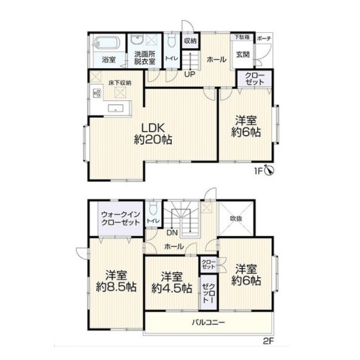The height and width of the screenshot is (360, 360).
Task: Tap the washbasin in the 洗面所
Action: point(137,39)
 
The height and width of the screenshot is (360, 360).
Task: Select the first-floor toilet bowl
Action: point(172,41)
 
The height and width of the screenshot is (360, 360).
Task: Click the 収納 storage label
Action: point(190,41)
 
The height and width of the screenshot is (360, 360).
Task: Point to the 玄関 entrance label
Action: point(243,55)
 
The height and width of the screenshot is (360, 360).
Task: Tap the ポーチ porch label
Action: point(264,39)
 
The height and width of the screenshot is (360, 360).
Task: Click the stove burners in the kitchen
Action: point(96,93)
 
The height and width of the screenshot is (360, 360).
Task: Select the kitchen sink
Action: point(116,108)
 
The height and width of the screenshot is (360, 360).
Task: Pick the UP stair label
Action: point(190,74)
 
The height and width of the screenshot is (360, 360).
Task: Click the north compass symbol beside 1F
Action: point(269,170)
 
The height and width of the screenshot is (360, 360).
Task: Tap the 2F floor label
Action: point(268,341)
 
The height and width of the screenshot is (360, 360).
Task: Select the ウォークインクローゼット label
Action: point(121,219)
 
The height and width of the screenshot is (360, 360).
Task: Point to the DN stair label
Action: point(172,233)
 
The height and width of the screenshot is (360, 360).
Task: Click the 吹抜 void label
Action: point(236,219)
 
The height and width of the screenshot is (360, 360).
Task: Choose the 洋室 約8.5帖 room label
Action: point(116,281)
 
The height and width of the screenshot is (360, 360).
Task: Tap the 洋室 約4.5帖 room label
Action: point(172,282)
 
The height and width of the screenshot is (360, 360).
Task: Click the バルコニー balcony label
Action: point(208,322)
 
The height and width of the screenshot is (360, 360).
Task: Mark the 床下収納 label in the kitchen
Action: point(120,83)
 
